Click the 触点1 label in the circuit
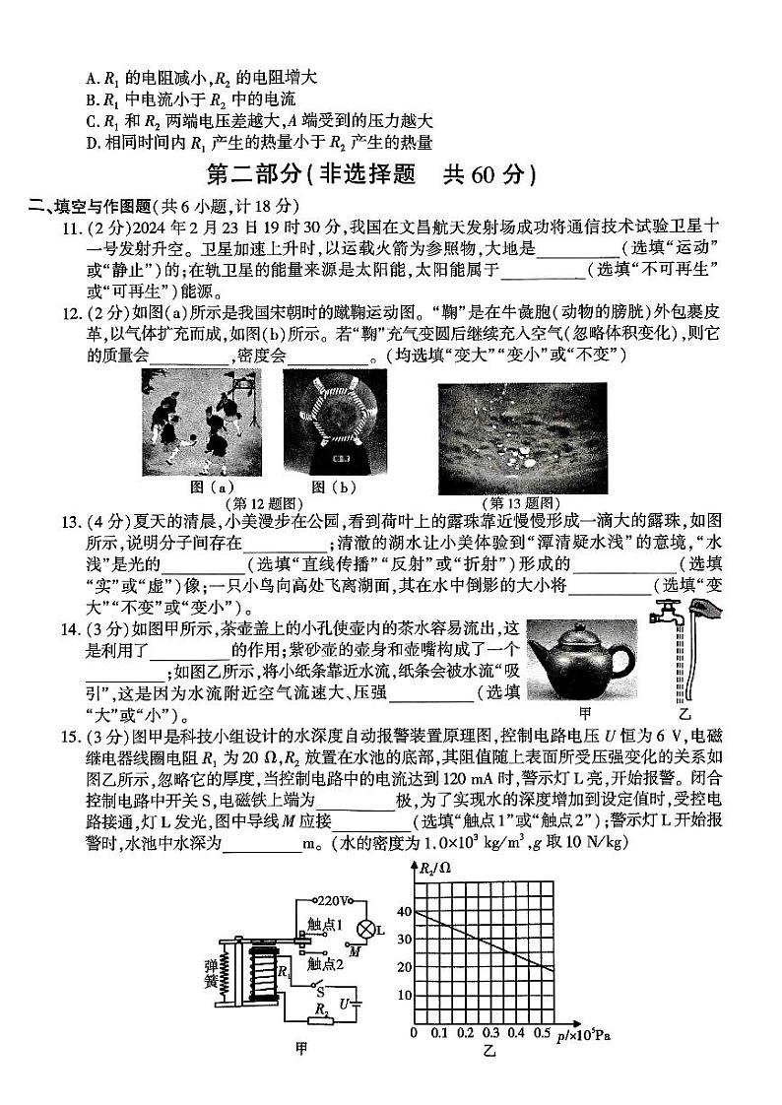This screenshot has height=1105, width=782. (x=324, y=926)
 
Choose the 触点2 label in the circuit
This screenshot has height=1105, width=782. (x=325, y=963)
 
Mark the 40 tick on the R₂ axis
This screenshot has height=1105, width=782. (x=401, y=912)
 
